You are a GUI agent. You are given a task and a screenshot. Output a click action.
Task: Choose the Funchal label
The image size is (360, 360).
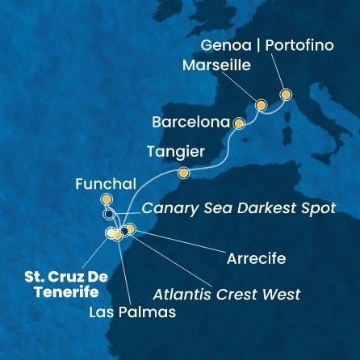point(102,183)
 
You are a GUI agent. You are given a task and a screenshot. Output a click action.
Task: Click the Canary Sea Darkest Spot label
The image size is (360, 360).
point(238,208)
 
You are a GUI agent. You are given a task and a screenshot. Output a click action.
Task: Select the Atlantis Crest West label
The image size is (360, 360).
point(228,294)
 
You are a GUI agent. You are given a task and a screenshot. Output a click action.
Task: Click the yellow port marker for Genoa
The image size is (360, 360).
point(285,95)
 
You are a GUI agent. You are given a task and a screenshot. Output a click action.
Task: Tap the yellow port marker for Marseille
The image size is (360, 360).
point(261,105)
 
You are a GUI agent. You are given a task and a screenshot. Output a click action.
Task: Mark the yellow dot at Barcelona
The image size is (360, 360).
point(238,123)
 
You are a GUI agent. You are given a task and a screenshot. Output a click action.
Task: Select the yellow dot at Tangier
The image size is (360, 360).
point(184,172)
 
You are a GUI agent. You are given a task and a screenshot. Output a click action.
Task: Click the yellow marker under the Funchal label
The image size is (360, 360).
point(106,199)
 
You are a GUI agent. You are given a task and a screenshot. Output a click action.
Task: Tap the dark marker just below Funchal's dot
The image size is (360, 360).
point(108,215)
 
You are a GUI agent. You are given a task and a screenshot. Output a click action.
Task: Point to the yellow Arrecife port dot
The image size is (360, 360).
point(131,229)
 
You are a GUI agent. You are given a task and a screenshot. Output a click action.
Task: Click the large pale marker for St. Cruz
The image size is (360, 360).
point(111,233)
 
